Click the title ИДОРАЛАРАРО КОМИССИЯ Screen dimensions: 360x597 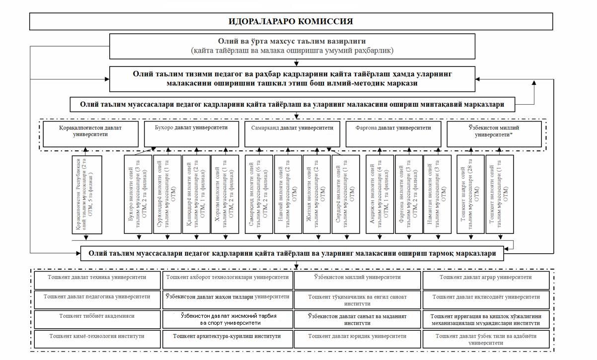click(x=291, y=21)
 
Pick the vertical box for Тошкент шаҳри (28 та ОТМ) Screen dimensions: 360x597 click(x=470, y=194)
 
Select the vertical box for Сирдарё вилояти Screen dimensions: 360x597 click(x=346, y=194)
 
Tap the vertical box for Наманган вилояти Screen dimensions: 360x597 click(x=438, y=194)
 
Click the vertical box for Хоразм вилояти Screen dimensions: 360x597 click(x=225, y=194)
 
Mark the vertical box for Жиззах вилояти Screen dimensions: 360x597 click(x=316, y=194)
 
